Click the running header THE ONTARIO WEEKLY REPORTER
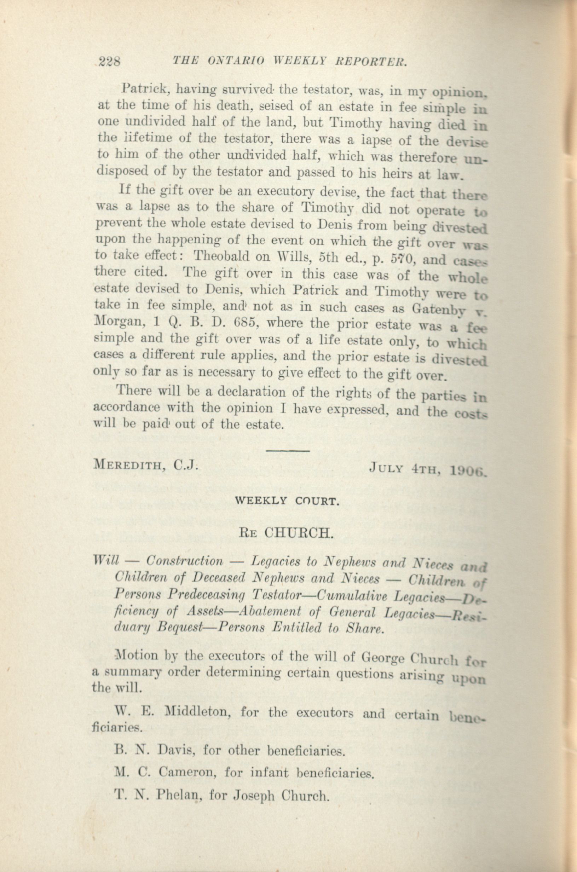[290, 61]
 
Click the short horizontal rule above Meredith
[287, 450]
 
